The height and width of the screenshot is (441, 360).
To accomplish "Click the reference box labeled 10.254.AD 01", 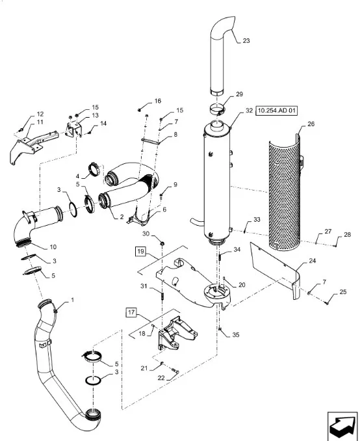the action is (x=277, y=111).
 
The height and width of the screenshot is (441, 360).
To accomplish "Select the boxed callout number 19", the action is (x=141, y=251).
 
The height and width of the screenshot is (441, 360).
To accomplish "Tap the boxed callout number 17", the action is (x=131, y=312).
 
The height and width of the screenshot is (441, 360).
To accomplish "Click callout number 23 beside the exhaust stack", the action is (x=246, y=41).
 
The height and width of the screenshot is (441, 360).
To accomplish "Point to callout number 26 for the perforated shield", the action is (x=311, y=124).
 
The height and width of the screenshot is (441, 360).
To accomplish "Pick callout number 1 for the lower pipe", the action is (x=73, y=300).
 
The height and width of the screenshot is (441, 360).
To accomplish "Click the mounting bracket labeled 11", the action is (x=33, y=146).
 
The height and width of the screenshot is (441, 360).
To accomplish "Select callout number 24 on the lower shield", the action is (x=312, y=261).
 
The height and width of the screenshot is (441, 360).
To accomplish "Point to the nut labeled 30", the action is (x=162, y=243).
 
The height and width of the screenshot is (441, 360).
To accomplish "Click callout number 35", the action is (x=236, y=335).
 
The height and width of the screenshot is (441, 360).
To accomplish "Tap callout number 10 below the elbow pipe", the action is (x=53, y=247).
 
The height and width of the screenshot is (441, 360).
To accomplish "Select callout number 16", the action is (x=158, y=101).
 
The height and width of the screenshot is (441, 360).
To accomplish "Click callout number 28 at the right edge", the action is (x=348, y=235).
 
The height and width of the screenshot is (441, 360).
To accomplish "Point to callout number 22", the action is (x=161, y=378).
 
